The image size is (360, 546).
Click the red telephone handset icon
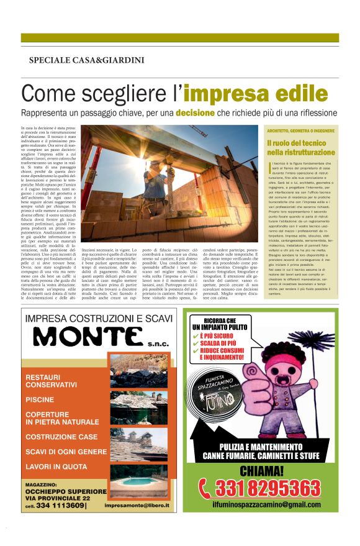[x=205, y=488]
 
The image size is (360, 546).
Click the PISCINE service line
[x=41, y=399]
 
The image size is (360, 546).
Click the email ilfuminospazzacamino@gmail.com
[x=268, y=506]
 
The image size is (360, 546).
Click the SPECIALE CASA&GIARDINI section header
[x=86, y=60]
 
